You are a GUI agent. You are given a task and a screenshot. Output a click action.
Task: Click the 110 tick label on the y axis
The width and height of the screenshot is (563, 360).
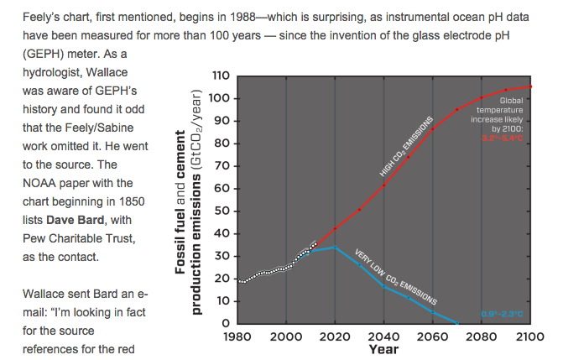(221, 76)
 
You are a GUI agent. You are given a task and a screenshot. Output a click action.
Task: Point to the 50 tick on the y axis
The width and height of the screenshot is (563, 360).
(223, 211)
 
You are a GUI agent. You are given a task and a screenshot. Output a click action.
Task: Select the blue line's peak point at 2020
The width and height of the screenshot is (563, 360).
(336, 248)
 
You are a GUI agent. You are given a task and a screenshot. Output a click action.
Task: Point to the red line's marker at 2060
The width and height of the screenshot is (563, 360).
(433, 128)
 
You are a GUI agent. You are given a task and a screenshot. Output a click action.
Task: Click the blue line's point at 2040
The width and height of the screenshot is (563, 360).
(384, 286)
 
